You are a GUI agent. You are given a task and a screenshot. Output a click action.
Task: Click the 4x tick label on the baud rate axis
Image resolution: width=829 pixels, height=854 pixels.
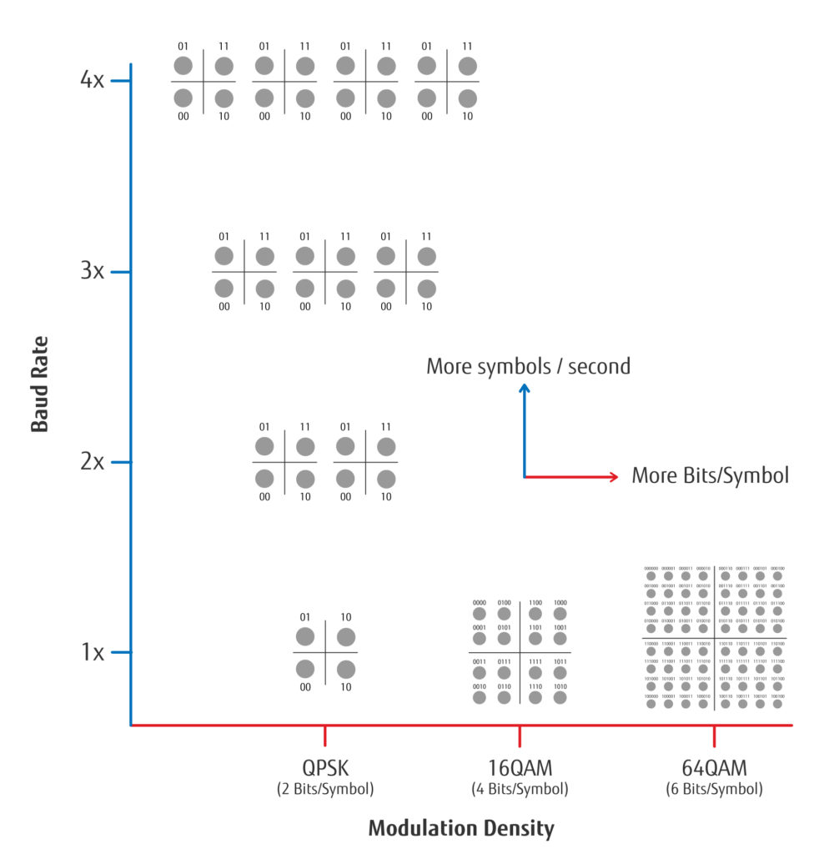(x=92, y=81)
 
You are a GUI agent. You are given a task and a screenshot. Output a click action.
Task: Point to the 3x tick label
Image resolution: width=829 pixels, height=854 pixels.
(x=92, y=271)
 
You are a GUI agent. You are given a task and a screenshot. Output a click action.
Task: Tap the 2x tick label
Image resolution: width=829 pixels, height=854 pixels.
(x=92, y=461)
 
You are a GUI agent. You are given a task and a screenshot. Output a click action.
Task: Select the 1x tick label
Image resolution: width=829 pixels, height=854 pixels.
(x=92, y=651)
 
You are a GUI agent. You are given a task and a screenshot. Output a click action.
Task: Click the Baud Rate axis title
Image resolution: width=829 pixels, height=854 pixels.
(x=39, y=384)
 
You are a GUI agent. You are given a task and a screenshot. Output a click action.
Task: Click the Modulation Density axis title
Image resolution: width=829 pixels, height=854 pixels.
(x=460, y=828)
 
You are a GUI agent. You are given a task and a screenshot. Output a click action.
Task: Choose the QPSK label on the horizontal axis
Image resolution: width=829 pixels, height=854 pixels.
(x=325, y=767)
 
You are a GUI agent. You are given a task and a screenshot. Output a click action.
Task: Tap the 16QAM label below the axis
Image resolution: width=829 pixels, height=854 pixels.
(x=520, y=767)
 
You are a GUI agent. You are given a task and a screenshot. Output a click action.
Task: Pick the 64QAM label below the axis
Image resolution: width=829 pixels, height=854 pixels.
(x=714, y=767)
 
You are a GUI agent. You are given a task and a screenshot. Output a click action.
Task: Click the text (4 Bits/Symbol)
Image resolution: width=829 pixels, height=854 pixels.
(x=520, y=789)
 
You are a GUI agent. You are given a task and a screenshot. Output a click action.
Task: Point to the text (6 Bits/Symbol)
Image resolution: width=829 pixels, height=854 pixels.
(x=714, y=789)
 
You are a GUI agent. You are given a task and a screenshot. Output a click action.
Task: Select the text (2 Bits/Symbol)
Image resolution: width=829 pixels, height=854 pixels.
(x=325, y=789)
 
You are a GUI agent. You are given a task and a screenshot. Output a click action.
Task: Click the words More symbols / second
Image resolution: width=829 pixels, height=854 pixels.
(x=528, y=366)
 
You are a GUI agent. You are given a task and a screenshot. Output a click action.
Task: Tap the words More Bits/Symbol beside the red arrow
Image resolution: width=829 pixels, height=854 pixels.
(x=710, y=476)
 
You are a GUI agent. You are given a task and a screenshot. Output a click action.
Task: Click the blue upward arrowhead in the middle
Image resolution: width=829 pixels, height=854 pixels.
(x=524, y=389)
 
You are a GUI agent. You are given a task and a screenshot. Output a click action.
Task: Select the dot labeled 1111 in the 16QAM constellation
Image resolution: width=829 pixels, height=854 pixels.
(x=535, y=673)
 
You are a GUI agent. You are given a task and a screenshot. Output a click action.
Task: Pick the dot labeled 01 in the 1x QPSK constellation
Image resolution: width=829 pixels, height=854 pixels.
(x=305, y=637)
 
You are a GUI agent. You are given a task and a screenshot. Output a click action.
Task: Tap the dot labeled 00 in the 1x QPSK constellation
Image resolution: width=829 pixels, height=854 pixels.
(x=305, y=669)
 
